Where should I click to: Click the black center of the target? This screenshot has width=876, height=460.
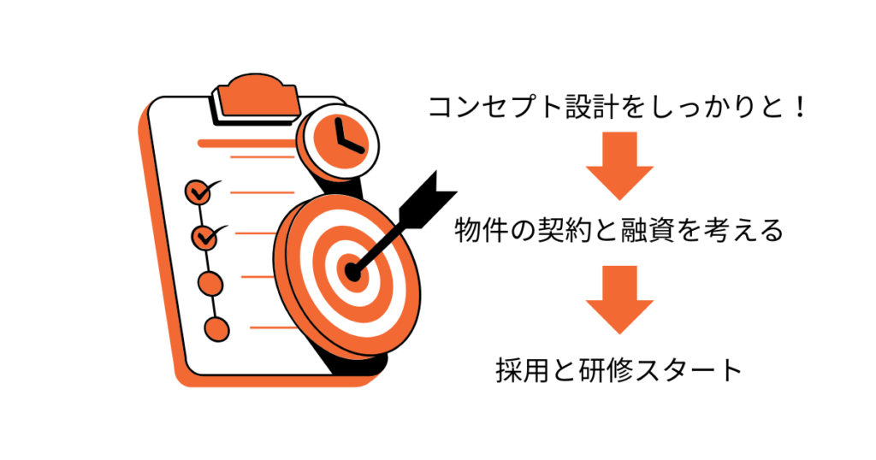pyautogui.click(x=352, y=272)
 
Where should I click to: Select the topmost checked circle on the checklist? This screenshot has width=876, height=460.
pyautogui.click(x=198, y=192)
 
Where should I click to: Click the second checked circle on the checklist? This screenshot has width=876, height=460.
pyautogui.click(x=204, y=238)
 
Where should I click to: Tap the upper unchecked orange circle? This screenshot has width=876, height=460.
pyautogui.click(x=210, y=284)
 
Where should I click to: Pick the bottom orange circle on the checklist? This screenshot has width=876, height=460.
pyautogui.click(x=216, y=329)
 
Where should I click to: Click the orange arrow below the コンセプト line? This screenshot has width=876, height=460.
pyautogui.click(x=619, y=166)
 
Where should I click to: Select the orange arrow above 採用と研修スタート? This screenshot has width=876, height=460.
pyautogui.click(x=619, y=300)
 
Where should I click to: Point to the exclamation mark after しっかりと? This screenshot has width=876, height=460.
pyautogui.click(x=801, y=107)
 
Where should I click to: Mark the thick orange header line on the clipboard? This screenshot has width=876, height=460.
pyautogui.click(x=247, y=144)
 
